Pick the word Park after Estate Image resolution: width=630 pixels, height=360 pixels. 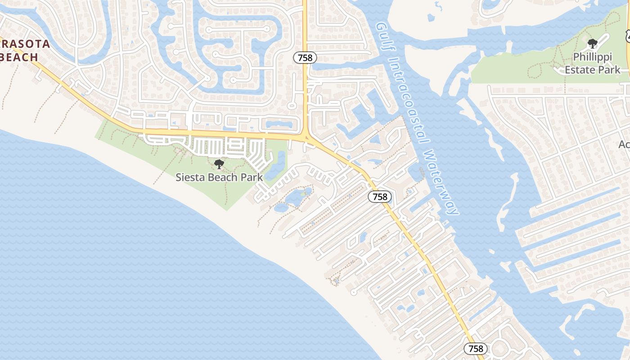tap(609, 70)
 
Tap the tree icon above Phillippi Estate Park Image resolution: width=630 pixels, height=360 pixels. tap(593, 44)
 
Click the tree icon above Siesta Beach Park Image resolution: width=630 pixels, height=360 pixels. tap(219, 164)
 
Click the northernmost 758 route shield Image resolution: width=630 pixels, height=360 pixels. tap(305, 58)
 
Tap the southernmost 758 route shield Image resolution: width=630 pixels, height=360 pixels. tap(476, 349)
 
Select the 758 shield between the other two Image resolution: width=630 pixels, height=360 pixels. tap(380, 197)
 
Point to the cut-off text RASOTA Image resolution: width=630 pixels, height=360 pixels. tap(25, 44)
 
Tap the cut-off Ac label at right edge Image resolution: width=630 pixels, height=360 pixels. tap(624, 144)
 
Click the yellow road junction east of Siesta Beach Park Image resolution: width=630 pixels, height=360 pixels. tap(306, 135)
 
